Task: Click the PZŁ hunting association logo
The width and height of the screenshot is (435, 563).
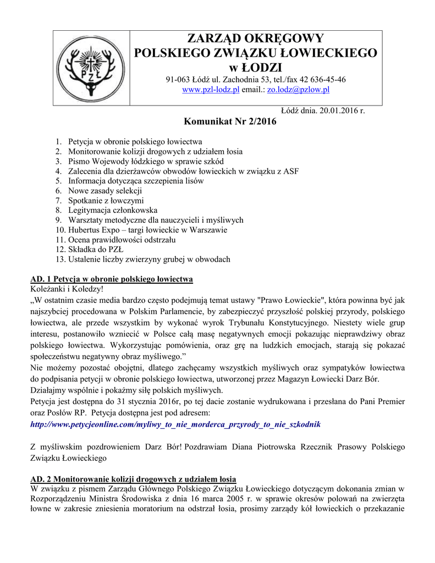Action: click(x=91, y=67)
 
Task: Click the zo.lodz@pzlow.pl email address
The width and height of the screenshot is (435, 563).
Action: click(x=298, y=90)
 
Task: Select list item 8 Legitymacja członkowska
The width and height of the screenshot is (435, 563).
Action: click(x=112, y=210)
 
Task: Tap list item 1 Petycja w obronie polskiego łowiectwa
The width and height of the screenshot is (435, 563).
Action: click(x=135, y=141)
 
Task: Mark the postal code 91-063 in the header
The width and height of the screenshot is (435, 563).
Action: click(x=178, y=79)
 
